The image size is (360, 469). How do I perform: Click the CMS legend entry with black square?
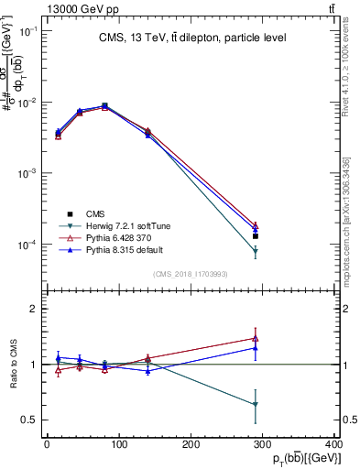[83, 213]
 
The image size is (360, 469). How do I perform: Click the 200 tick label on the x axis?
[191, 445]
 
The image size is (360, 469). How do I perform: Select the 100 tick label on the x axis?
[119, 445]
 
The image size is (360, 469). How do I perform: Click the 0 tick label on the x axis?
[47, 445]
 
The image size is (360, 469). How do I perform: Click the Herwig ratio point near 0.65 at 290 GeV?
[256, 404]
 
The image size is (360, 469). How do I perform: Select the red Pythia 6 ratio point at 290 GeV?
[256, 338]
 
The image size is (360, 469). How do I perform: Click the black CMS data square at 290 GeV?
[256, 235]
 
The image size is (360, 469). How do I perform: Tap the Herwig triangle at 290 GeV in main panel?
[256, 251]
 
